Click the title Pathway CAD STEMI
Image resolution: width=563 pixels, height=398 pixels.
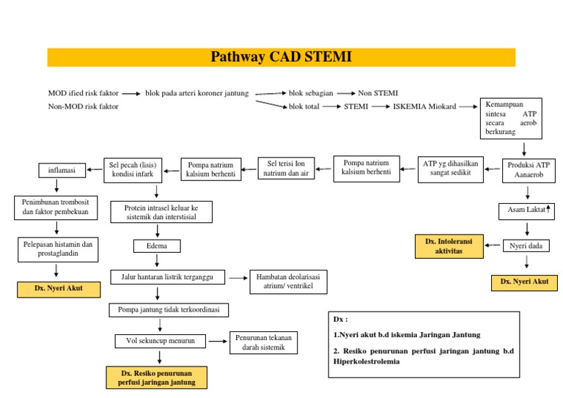281,57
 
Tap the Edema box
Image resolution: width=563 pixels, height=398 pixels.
156,246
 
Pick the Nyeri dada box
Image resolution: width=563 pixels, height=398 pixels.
526,246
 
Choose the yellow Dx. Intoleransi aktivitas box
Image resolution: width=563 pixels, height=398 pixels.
449,246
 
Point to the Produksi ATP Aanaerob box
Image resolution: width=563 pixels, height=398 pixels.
528,170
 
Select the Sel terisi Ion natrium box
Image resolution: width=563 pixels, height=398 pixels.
286,168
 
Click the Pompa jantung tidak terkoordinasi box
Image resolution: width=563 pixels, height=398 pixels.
168,310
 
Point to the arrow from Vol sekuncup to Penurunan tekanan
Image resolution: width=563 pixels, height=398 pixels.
217,341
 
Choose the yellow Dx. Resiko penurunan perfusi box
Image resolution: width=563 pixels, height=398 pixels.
156,377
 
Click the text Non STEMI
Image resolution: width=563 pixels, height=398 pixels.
378,93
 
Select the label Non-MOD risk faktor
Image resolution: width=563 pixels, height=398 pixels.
83,107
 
